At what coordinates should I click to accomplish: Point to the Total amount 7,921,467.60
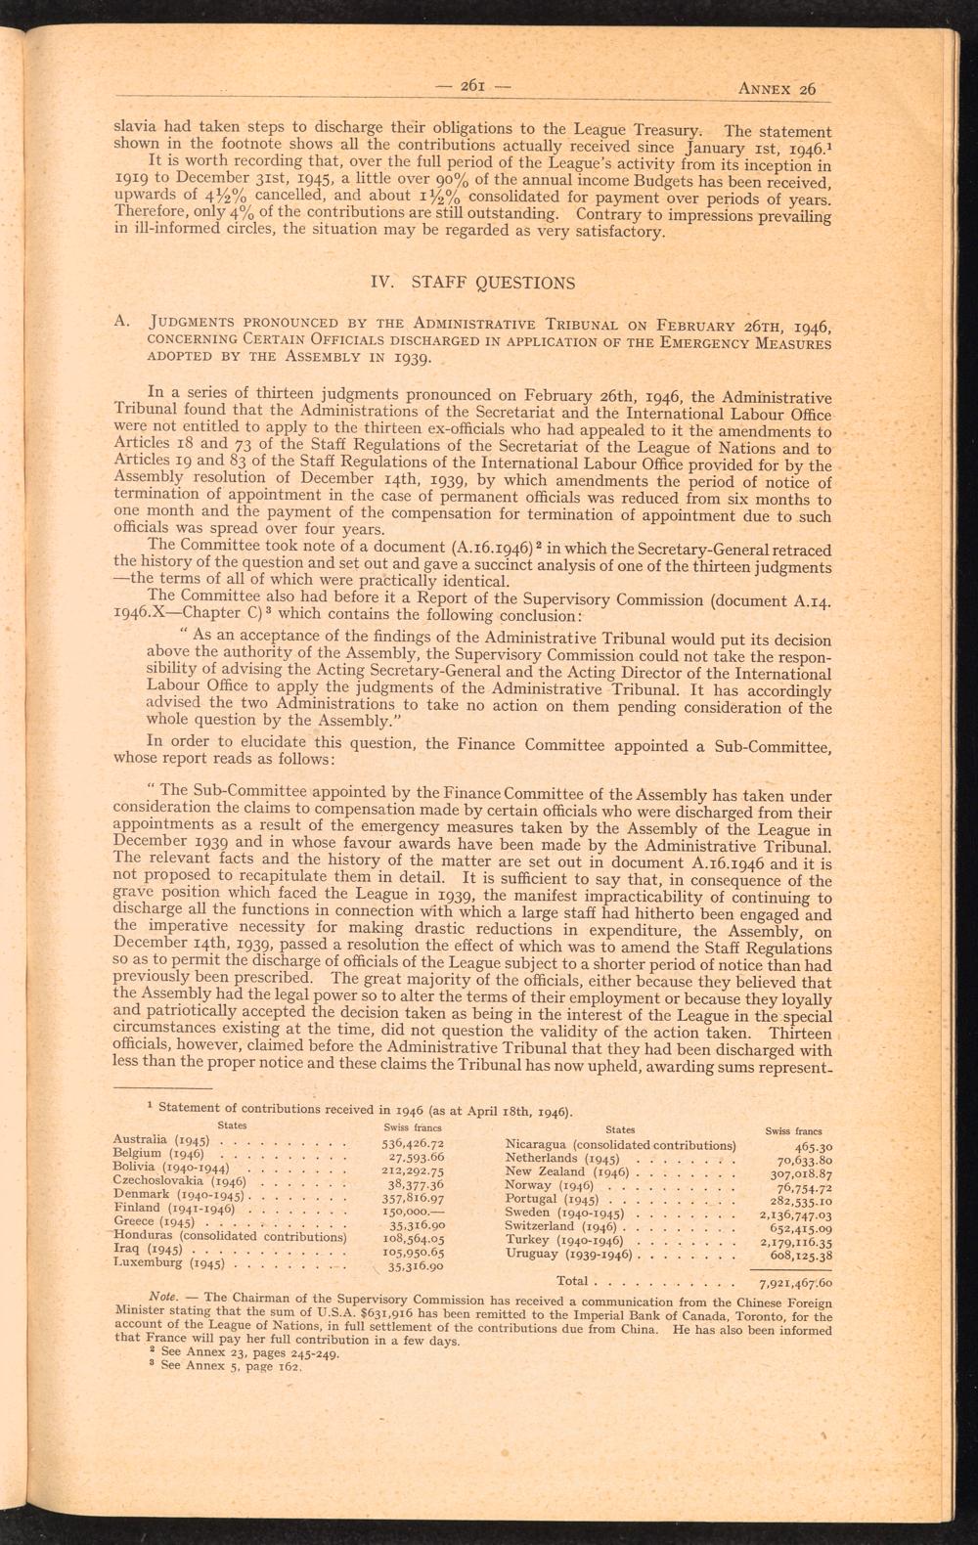[795, 1281]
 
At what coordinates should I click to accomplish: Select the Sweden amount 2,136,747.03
[795, 1213]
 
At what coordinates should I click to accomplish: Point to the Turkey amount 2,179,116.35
[795, 1240]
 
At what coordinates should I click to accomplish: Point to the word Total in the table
[571, 1280]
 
